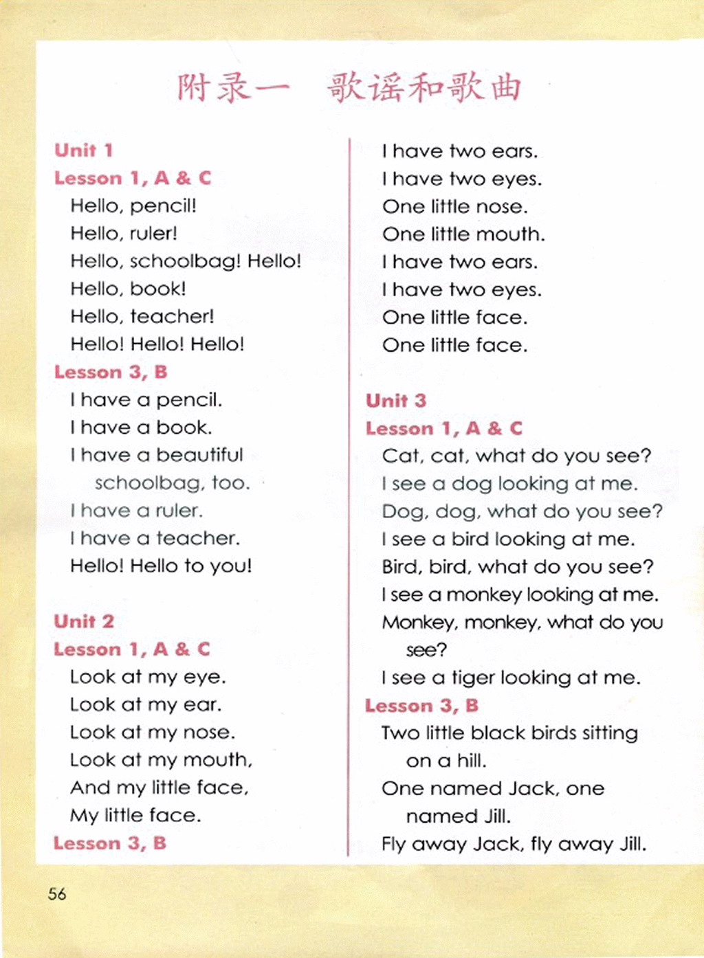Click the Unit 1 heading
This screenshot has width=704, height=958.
click(x=83, y=151)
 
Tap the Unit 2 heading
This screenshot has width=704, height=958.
click(x=83, y=622)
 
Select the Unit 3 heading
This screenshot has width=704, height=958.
click(x=395, y=401)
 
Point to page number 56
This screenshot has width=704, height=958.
click(x=57, y=894)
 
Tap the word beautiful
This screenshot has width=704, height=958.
click(x=199, y=456)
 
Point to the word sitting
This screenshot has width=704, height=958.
click(x=609, y=733)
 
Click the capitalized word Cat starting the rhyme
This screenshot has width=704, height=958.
click(x=401, y=456)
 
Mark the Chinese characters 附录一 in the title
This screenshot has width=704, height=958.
click(x=233, y=88)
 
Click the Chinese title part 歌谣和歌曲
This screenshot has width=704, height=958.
click(x=424, y=88)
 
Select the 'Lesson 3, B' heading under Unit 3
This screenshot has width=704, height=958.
click(x=421, y=706)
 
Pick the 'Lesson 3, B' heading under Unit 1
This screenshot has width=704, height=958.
click(x=111, y=372)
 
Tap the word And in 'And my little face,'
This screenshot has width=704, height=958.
click(x=90, y=788)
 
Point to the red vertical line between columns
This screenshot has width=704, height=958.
click(x=349, y=495)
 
